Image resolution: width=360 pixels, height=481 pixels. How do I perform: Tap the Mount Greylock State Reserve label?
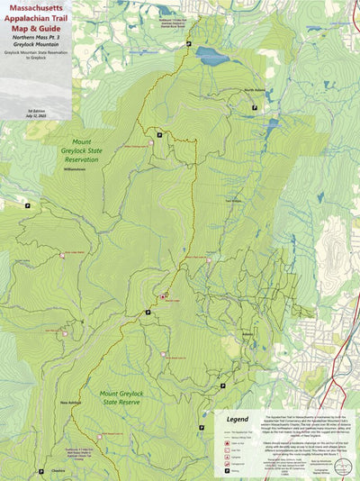[x=127, y=398]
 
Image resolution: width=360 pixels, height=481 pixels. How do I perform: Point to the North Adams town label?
[x=255, y=90]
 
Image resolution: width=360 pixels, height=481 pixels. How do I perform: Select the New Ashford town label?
[x=72, y=403]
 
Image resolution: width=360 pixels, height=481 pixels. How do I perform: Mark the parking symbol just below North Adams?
[x=255, y=107]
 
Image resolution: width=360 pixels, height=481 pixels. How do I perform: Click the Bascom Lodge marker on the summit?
[x=163, y=295]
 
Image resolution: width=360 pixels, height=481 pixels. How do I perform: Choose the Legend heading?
[x=237, y=419]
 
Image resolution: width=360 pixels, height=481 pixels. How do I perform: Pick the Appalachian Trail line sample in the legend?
[x=222, y=431]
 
